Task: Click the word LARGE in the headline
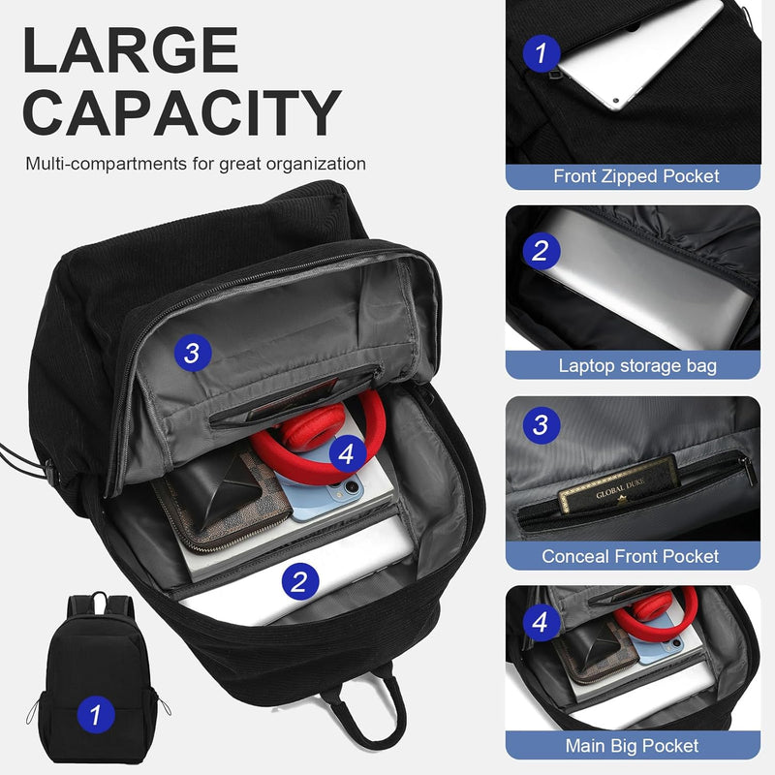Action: (131, 50)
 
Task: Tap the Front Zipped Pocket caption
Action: (636, 176)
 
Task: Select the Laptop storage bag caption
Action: (636, 365)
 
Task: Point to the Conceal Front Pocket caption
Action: (631, 556)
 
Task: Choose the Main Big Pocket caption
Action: (632, 746)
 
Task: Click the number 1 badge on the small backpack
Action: (95, 716)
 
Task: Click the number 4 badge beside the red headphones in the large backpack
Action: (347, 451)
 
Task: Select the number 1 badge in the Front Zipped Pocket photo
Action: (541, 51)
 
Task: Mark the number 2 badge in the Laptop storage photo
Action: (541, 251)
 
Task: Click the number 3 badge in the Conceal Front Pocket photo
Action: (541, 423)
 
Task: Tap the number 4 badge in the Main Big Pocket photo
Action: (541, 620)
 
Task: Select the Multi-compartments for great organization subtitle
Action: (196, 164)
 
